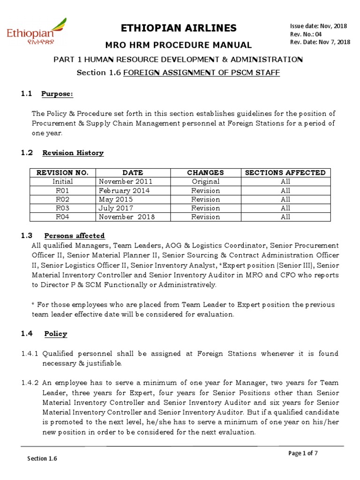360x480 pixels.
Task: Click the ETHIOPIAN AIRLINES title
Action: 179,28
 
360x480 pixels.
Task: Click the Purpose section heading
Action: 57,94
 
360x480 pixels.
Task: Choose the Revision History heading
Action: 73,153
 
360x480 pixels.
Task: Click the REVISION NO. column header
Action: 63,172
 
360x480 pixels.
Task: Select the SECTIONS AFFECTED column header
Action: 285,172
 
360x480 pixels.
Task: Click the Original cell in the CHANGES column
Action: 205,181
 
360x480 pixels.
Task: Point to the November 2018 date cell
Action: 126,217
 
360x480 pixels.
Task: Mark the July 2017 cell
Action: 115,208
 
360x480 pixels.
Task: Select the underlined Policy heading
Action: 56,334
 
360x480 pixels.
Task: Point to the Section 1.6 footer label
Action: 42,459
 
